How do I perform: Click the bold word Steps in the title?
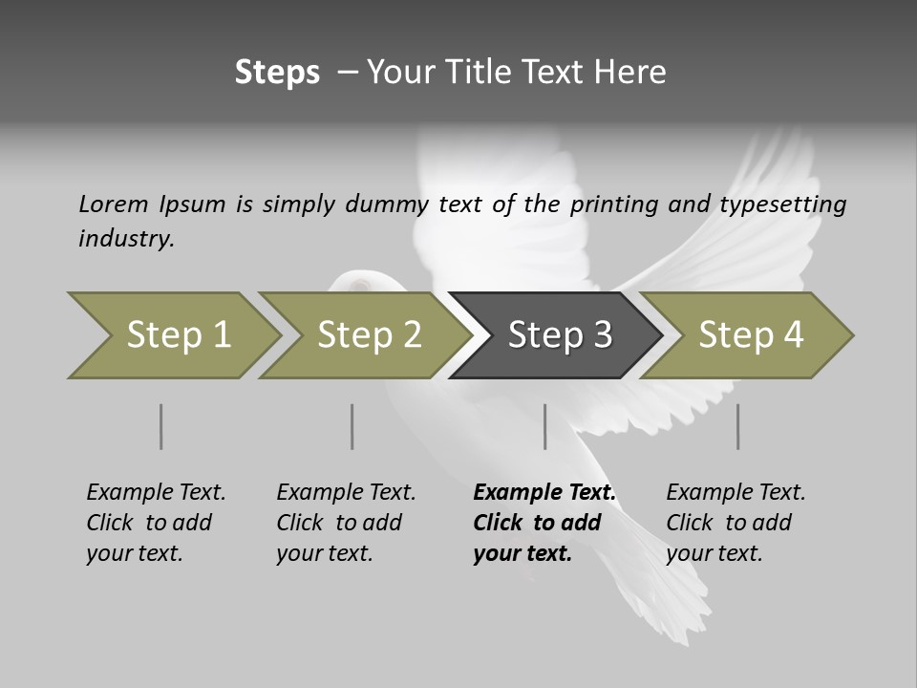pyautogui.click(x=277, y=73)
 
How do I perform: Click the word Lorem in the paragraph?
pyautogui.click(x=114, y=204)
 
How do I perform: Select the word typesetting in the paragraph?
pyautogui.click(x=783, y=204)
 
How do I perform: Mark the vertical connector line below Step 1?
pyautogui.click(x=160, y=426)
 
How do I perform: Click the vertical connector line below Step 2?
pyautogui.click(x=352, y=426)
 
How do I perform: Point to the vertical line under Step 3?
pyautogui.click(x=544, y=426)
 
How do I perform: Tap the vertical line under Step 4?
pyautogui.click(x=737, y=426)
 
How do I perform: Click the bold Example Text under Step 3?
pyautogui.click(x=544, y=493)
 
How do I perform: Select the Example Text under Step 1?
pyautogui.click(x=156, y=493)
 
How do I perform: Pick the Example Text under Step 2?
pyautogui.click(x=346, y=493)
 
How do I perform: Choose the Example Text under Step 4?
pyautogui.click(x=736, y=493)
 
